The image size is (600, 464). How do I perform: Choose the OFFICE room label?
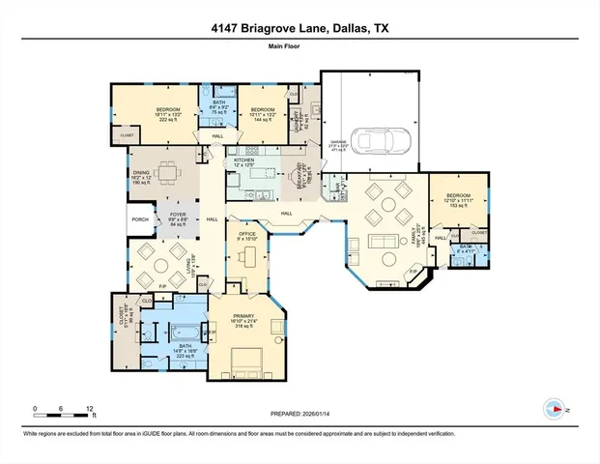click(246, 235)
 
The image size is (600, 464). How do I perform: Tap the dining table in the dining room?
click(170, 175)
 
